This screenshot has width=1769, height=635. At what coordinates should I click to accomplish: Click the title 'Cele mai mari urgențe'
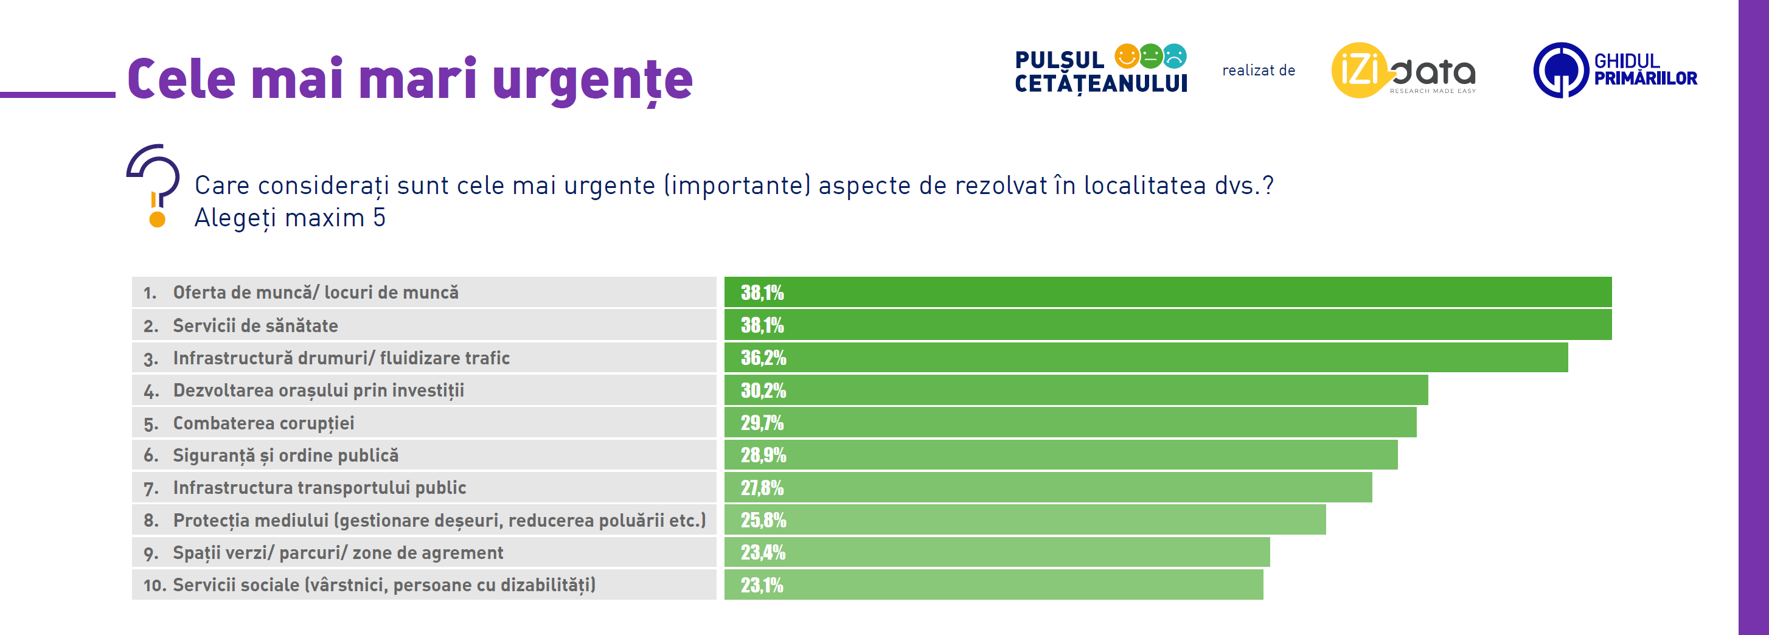coord(410,80)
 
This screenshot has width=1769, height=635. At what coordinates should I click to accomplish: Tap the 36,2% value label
coord(763,358)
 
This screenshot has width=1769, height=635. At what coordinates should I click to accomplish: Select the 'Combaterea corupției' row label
coord(263,423)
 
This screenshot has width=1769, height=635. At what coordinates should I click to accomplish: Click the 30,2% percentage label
coord(763,390)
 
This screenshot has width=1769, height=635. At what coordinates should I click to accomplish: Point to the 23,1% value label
coord(762,585)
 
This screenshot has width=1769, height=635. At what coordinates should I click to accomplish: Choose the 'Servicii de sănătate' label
coord(255,325)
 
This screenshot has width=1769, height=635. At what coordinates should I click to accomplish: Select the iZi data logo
coord(1403,71)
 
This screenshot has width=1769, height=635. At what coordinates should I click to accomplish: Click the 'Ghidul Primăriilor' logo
coord(1614,70)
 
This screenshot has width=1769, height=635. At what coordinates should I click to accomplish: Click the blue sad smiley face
coord(1174,55)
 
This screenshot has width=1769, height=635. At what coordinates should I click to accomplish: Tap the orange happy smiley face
coord(1126,55)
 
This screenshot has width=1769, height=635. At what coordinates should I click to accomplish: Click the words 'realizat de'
coord(1258,70)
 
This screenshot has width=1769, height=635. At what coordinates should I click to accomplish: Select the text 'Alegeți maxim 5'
coord(290,218)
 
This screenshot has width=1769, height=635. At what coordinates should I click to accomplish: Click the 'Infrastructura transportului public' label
coord(319,488)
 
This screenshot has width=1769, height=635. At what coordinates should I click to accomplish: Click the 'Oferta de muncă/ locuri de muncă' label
coord(315,293)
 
